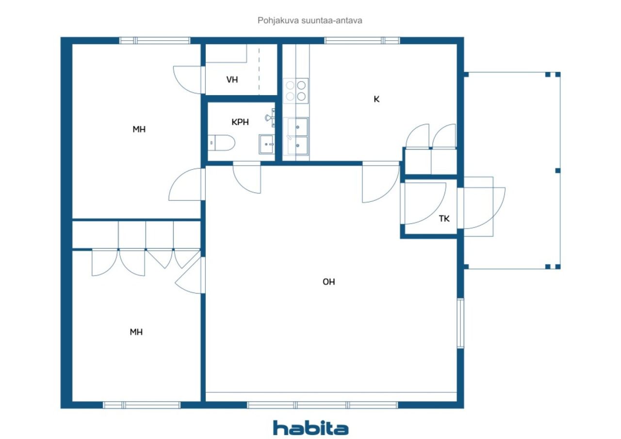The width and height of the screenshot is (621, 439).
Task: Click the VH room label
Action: [x=232, y=80]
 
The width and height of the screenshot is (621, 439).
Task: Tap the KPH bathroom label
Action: [x=240, y=122]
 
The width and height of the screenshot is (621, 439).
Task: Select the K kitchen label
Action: [x=376, y=99]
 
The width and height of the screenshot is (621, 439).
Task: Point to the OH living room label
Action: [x=329, y=282]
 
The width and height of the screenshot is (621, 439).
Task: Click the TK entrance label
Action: [x=444, y=219]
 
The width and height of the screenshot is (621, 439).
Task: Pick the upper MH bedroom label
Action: [x=139, y=129]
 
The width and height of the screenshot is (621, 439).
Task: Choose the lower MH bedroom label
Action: [x=136, y=332]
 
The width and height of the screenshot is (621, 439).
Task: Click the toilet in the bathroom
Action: [x=221, y=143]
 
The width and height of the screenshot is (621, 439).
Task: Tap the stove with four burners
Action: [x=295, y=91]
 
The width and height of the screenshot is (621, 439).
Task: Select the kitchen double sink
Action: [x=297, y=136]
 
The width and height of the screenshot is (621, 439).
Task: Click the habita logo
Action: [x=310, y=428]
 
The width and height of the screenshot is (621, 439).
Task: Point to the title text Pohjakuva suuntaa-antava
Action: [x=310, y=20]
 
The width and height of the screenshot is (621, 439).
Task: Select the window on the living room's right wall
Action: [x=460, y=323]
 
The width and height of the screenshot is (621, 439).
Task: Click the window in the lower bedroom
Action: [x=142, y=405]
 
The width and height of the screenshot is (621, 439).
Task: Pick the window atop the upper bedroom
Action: [x=155, y=40]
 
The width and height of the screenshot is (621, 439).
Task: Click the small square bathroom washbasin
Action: [x=266, y=144]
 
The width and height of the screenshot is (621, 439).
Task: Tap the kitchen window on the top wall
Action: [x=362, y=40]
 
